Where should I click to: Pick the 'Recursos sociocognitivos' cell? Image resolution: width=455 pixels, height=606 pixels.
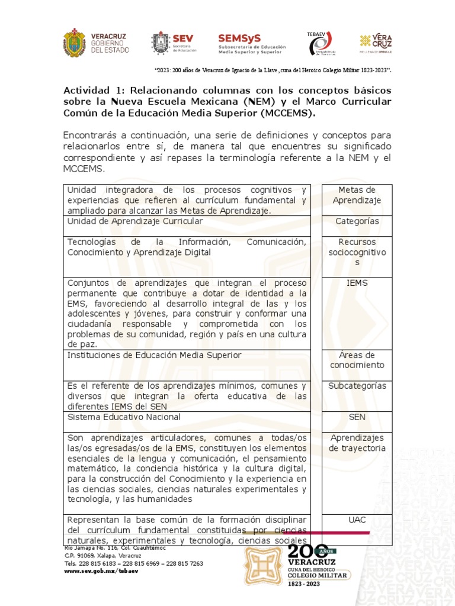click(x=357, y=252)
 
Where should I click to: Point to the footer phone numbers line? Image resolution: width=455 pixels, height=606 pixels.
click(x=133, y=564)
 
